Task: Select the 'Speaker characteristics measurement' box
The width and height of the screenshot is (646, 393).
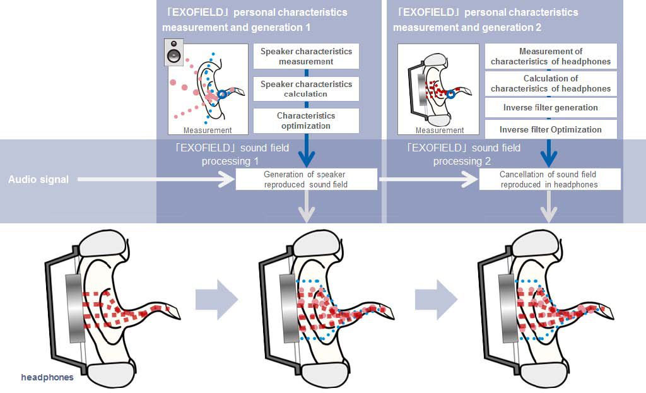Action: (x=306, y=56)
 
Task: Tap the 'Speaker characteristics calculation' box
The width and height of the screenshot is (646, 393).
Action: (x=306, y=89)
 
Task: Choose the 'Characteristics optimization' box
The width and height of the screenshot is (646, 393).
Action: (x=306, y=120)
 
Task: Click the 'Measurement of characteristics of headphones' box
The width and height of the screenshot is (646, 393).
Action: (x=551, y=56)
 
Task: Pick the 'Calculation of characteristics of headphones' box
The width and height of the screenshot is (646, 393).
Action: (x=551, y=83)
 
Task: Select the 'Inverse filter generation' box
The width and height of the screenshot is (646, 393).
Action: (x=551, y=108)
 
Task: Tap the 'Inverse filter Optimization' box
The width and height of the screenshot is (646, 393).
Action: (x=551, y=129)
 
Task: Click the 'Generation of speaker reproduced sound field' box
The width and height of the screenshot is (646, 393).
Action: (x=306, y=179)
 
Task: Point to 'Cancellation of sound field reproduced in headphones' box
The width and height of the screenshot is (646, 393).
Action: (x=549, y=179)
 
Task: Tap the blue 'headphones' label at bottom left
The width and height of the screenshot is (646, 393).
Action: (x=47, y=377)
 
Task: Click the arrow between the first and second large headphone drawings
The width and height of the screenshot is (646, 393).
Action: (x=216, y=298)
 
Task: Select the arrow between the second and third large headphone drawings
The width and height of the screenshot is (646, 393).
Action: (x=436, y=298)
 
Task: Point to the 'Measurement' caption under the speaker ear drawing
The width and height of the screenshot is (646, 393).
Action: (x=208, y=131)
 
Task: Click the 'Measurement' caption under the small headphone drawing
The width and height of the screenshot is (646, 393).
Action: (x=440, y=131)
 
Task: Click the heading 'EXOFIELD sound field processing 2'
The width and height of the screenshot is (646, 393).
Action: (x=464, y=155)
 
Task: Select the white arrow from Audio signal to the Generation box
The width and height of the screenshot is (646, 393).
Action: (x=151, y=180)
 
